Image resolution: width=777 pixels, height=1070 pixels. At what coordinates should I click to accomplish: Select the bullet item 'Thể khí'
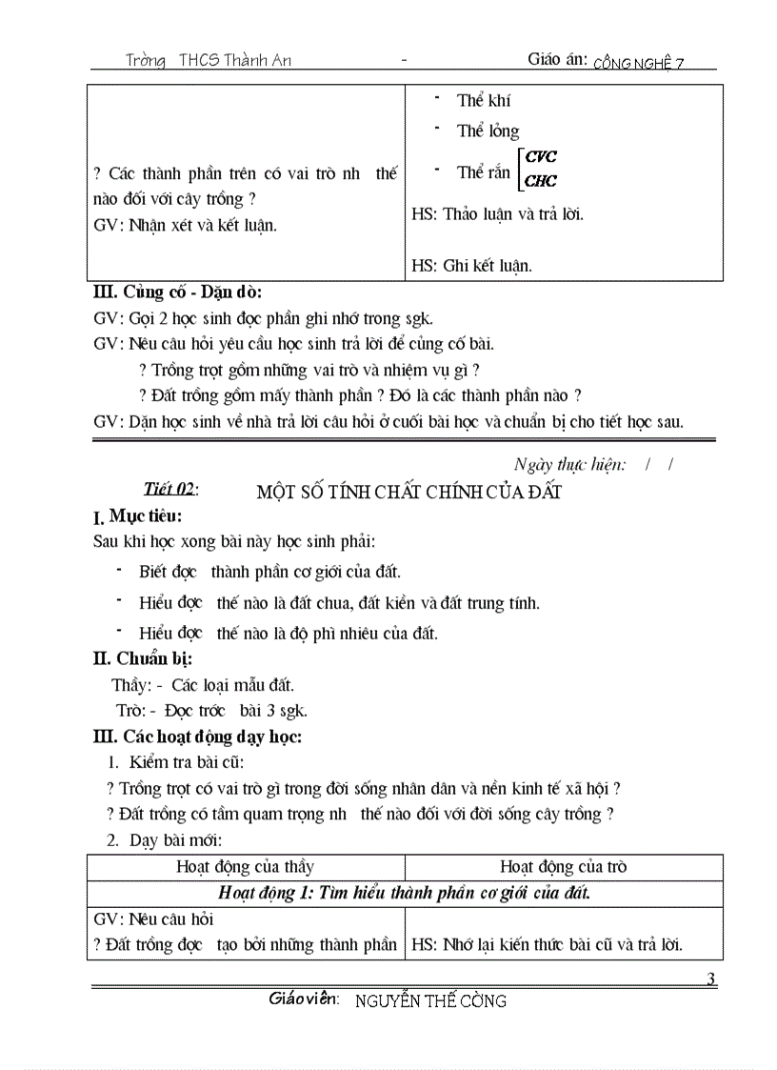484,101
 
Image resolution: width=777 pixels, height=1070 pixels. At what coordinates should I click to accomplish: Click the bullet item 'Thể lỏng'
488,131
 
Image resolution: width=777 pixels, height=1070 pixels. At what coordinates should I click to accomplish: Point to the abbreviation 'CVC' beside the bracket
541,157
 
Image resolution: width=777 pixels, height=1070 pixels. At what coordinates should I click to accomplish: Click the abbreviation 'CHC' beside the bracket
541,181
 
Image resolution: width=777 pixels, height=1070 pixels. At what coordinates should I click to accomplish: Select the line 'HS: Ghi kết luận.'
472,266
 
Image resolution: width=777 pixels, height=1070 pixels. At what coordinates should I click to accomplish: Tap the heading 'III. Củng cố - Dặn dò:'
177,293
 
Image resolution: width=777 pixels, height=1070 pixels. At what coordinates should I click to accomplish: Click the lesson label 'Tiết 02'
169,489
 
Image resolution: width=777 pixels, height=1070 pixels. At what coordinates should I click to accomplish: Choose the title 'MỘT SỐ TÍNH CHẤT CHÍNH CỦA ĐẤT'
409,492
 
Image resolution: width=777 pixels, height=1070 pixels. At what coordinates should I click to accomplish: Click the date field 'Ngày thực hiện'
569,464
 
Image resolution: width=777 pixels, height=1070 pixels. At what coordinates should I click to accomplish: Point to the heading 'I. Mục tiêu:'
137,517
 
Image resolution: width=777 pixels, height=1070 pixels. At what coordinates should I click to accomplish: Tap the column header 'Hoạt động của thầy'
245,867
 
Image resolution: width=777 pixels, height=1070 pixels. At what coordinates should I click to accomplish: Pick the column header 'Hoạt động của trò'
563,867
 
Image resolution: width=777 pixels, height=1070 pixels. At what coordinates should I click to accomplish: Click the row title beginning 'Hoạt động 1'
404,893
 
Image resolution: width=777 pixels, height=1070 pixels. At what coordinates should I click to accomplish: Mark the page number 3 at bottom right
711,979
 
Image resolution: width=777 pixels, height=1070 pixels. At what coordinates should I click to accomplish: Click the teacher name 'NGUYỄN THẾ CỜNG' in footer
430,1000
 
